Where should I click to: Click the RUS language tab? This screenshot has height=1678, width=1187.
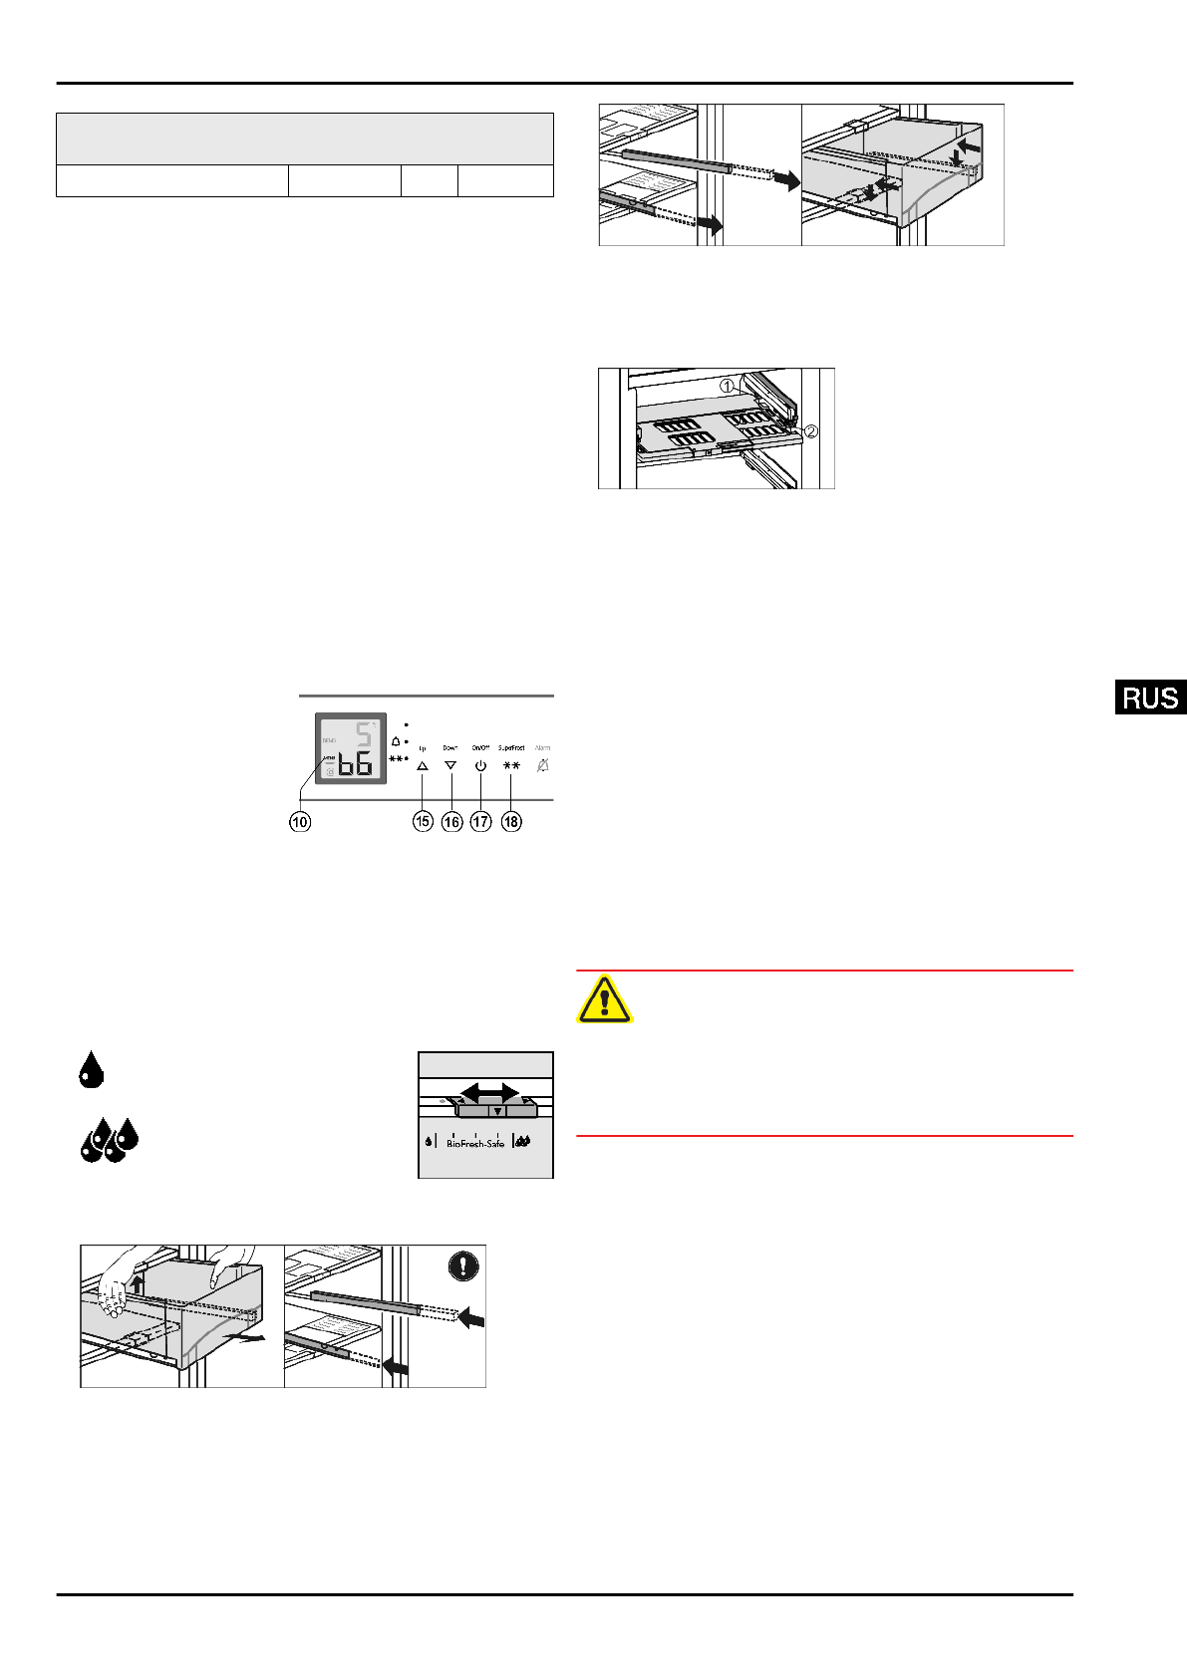click(1150, 698)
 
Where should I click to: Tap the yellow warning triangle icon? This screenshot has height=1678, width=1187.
click(604, 999)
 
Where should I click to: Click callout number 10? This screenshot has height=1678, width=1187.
click(300, 822)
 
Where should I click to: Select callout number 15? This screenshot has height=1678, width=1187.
click(423, 822)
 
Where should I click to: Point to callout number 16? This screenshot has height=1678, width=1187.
click(451, 822)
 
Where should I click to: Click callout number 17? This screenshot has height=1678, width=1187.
click(481, 822)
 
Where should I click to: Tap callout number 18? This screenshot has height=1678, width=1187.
click(511, 822)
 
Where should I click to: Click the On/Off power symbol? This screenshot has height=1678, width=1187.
click(480, 766)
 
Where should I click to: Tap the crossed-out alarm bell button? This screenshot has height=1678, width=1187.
click(542, 766)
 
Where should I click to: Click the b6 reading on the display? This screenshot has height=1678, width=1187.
click(355, 765)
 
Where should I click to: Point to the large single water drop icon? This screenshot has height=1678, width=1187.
click(91, 1069)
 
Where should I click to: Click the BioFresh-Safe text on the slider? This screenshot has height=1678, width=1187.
click(475, 1143)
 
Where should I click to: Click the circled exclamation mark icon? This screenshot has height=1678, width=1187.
click(463, 1265)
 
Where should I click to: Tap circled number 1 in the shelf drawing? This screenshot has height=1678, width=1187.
click(729, 386)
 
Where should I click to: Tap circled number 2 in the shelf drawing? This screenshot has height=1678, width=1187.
click(810, 431)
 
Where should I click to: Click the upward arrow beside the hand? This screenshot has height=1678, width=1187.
click(138, 1283)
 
